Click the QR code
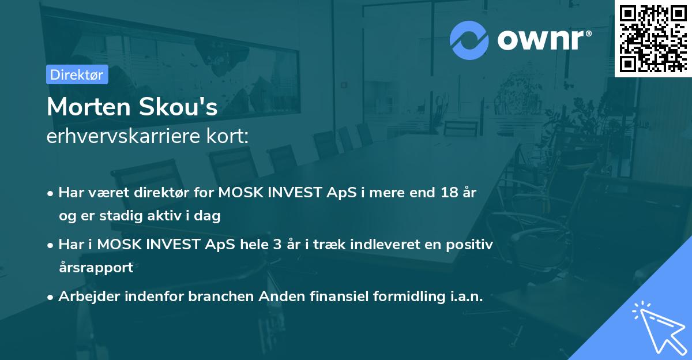click(x=653, y=38)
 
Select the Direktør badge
click(x=77, y=74)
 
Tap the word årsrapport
click(x=95, y=267)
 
